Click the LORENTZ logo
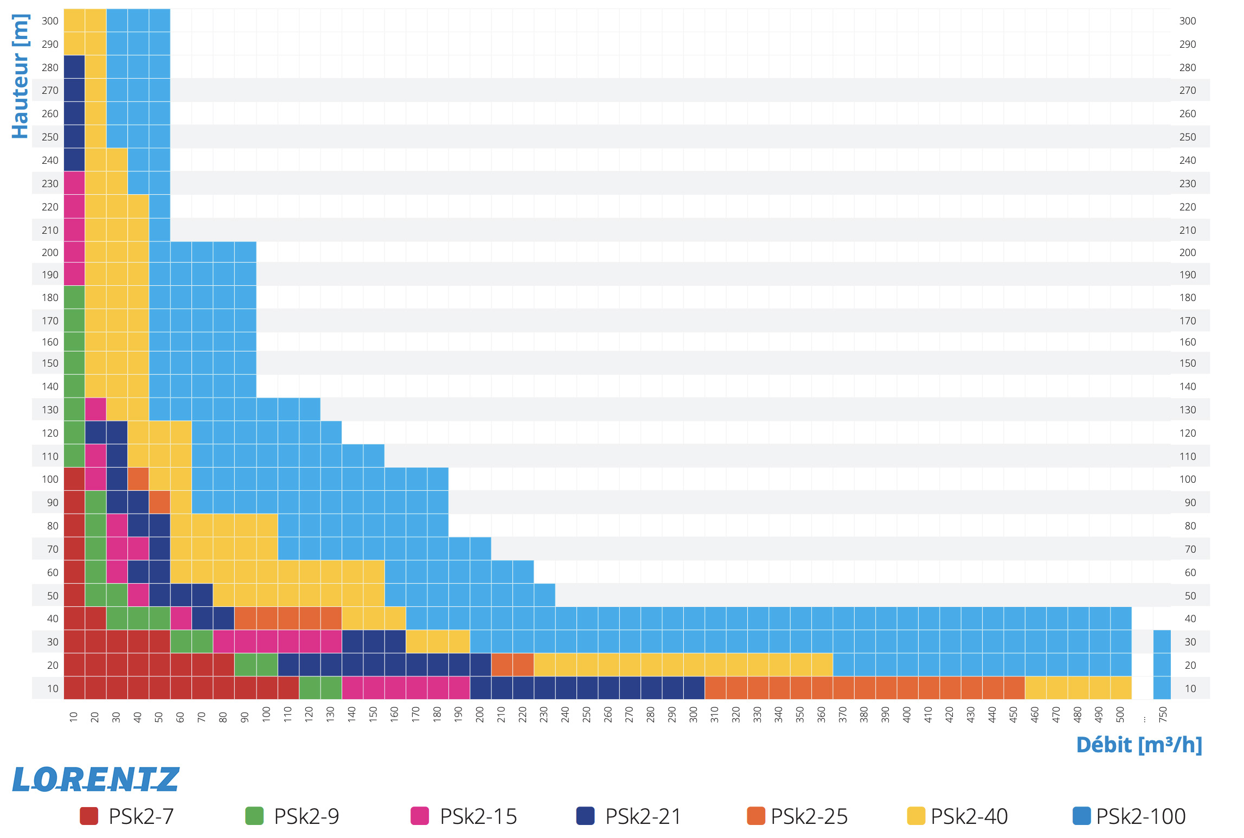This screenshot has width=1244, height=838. click(95, 779)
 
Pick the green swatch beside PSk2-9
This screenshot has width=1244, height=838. click(254, 816)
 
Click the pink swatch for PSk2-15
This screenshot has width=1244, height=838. click(420, 816)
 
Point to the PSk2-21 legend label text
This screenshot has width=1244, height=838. click(643, 816)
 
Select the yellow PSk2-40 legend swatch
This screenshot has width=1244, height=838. click(916, 816)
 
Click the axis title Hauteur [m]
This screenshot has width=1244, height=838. click(20, 76)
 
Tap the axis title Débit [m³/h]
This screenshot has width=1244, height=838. click(1139, 745)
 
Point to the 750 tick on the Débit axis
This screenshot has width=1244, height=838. click(1162, 714)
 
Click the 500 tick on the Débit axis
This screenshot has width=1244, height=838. click(1120, 714)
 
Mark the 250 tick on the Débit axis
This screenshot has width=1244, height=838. click(587, 714)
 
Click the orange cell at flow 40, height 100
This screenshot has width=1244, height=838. click(138, 479)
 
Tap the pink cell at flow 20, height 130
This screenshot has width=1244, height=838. click(95, 410)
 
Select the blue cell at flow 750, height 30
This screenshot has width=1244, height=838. click(1162, 642)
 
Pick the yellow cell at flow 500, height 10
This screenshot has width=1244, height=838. click(1120, 688)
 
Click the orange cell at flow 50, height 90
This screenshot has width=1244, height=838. click(159, 502)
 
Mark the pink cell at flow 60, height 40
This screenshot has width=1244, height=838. click(181, 618)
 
